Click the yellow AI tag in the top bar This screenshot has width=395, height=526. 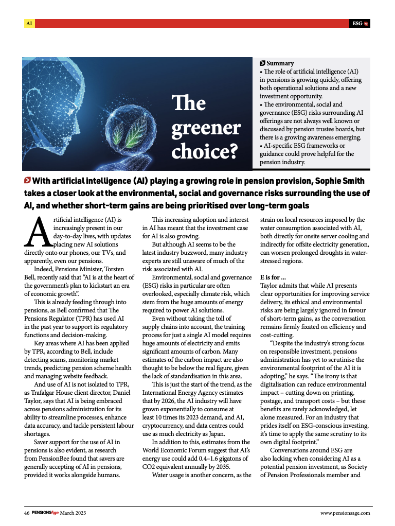[29, 23]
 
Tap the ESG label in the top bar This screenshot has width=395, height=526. [357, 23]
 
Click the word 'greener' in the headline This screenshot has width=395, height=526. [206, 128]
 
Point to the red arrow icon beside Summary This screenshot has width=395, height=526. [263, 63]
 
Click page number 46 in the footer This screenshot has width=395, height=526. [27, 513]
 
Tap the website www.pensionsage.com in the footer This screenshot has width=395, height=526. [345, 513]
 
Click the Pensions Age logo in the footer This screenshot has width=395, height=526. [45, 513]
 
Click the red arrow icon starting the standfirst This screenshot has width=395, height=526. [27, 181]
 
